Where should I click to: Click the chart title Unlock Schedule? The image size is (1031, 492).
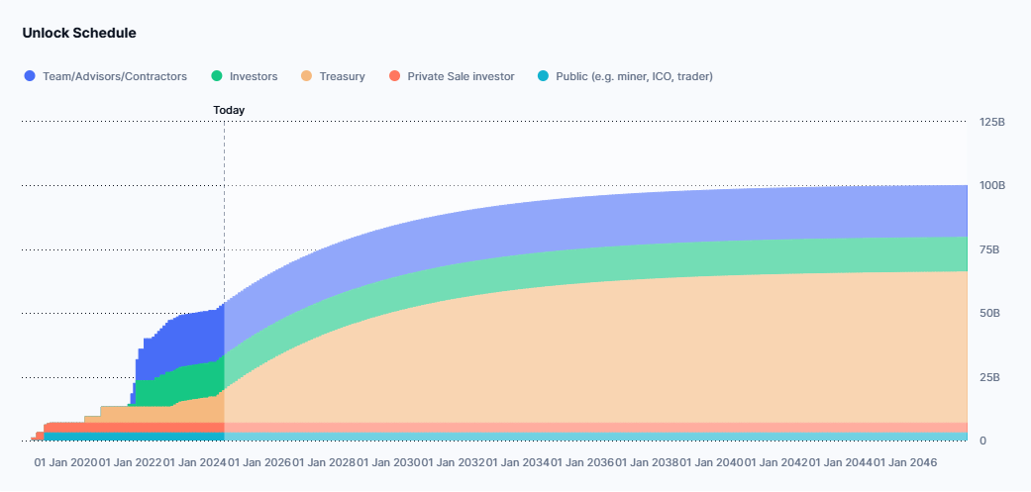click(79, 33)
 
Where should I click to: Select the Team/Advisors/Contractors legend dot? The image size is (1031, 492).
click(30, 76)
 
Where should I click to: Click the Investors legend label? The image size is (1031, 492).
click(254, 76)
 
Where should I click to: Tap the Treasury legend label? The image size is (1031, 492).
click(342, 76)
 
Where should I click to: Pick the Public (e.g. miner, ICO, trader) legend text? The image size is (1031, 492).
click(634, 76)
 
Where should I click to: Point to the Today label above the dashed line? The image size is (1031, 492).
click(229, 110)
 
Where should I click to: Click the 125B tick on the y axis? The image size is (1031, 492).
click(991, 123)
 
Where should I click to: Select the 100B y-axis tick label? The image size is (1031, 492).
click(991, 186)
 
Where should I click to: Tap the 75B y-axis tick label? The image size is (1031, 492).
click(988, 249)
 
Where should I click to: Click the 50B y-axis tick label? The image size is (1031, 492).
click(988, 314)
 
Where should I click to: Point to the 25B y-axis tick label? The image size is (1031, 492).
click(988, 377)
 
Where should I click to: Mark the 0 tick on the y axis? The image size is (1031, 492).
click(982, 441)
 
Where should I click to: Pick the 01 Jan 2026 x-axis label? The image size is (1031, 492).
click(260, 462)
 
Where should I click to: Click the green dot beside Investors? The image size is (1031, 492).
click(217, 76)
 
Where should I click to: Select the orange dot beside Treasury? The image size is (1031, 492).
click(307, 76)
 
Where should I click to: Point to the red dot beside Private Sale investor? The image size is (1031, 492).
click(394, 76)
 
